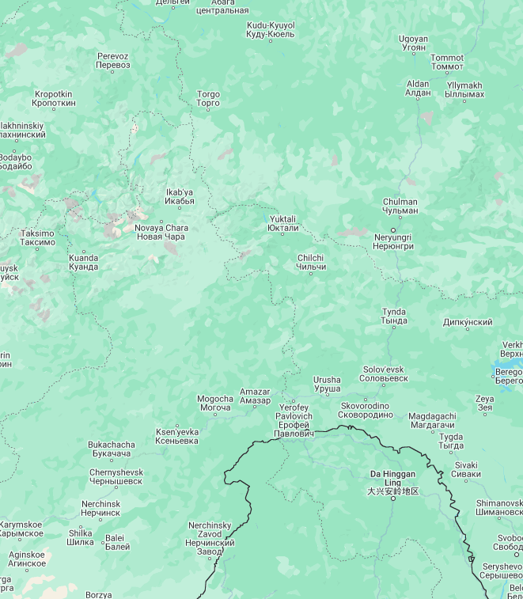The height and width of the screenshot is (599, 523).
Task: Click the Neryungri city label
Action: click(393, 241)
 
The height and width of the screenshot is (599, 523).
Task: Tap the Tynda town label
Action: click(394, 317)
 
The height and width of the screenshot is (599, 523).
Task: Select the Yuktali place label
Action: click(282, 223)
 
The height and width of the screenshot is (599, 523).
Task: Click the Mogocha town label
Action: click(215, 403)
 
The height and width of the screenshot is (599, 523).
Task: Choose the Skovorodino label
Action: click(365, 410)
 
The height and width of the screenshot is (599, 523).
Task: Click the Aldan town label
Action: click(418, 88)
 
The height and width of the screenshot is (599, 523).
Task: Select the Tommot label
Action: click(447, 62)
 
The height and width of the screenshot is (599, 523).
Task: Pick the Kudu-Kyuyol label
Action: click(271, 29)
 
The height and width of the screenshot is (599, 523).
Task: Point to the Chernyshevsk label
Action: click(116, 476)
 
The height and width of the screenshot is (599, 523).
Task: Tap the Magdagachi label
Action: click(432, 420)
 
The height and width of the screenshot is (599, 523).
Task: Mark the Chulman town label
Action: click(400, 206)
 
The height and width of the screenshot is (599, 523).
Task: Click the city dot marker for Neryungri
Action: click(393, 230)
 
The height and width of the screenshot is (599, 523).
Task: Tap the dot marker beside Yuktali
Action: click(282, 232)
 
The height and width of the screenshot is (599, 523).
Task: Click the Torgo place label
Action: click(208, 99)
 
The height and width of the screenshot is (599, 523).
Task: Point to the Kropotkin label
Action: click(54, 98)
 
